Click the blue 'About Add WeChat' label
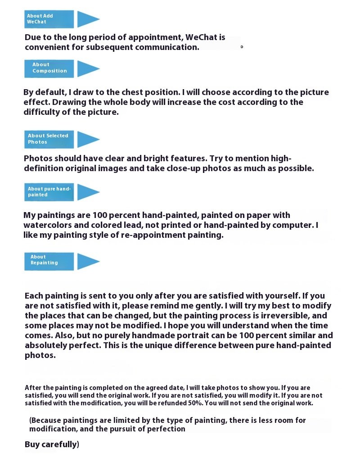tap(49, 19)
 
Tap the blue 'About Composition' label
tap(49, 68)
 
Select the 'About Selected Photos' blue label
tap(49, 139)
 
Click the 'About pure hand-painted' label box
tap(49, 192)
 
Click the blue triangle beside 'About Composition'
tap(87, 68)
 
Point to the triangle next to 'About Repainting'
tap(87, 261)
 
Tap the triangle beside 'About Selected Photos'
tap(87, 139)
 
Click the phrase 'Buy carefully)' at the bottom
tap(52, 445)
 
